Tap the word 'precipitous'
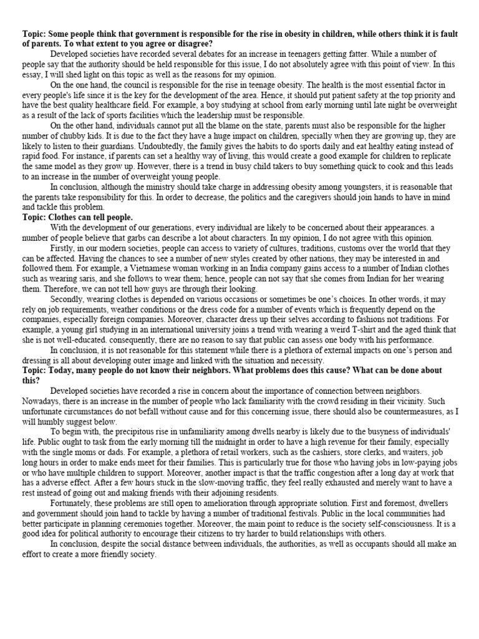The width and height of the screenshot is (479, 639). (134, 431)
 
